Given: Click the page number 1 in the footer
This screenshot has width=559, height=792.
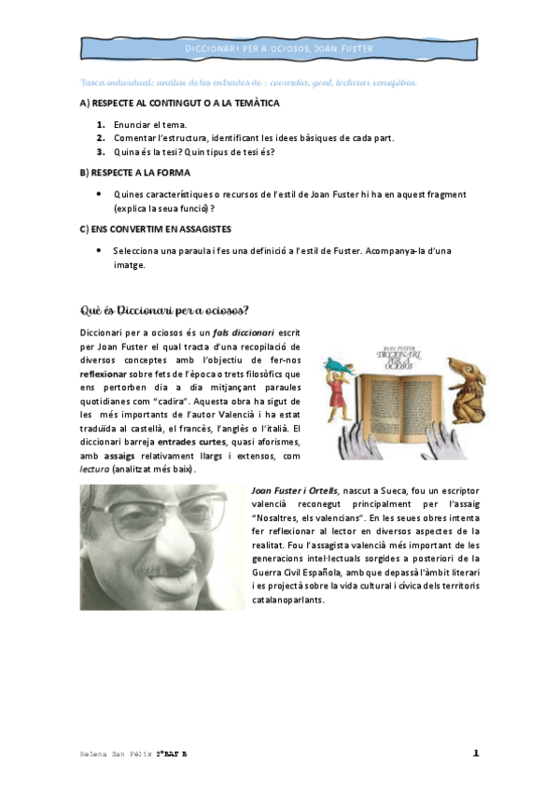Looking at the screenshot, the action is point(476,753).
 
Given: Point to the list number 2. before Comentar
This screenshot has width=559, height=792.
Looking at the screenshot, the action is point(101,137).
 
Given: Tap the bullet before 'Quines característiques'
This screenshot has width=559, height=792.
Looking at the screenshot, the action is point(99,193).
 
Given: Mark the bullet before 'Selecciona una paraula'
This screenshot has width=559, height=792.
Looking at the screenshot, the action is point(99,250).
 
